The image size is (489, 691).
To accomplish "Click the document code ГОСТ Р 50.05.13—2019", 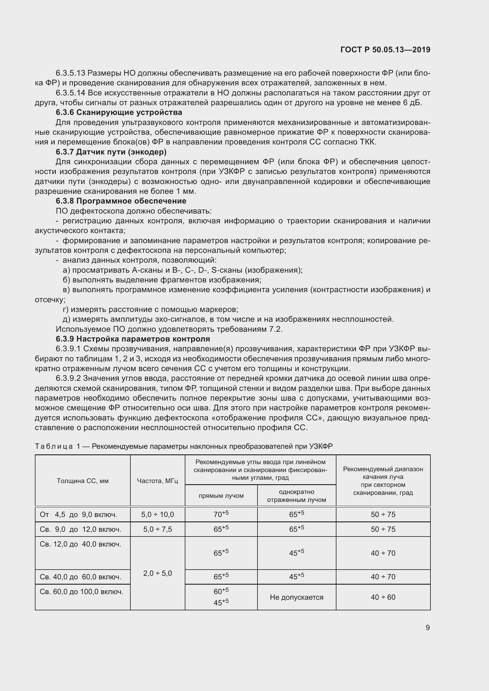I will [385, 50].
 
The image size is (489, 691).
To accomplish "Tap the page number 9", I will [428, 627].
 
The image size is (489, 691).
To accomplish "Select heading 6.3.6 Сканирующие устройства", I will [119, 113].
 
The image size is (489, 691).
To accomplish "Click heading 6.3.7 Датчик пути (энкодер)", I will [111, 152].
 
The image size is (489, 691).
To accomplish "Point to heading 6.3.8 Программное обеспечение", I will [121, 201].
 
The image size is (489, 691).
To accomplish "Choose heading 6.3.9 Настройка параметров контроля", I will [133, 339].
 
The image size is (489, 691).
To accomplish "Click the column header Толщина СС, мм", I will [82, 481].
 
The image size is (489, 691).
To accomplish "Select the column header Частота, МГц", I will [158, 481].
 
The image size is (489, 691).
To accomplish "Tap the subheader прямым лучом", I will [221, 495].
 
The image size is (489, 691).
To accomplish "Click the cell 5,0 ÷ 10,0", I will [158, 514].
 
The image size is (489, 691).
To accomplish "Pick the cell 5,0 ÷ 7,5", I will [158, 529].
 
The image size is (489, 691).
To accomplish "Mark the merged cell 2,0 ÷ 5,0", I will [158, 573].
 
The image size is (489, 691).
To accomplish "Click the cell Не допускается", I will [297, 597].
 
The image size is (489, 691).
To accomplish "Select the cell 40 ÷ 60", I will [383, 597].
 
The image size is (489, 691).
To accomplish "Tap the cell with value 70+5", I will [221, 514].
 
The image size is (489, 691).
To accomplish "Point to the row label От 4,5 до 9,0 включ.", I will [78, 514].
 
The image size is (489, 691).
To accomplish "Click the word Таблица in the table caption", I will [54, 446].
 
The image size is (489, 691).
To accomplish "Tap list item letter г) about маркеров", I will [66, 309].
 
